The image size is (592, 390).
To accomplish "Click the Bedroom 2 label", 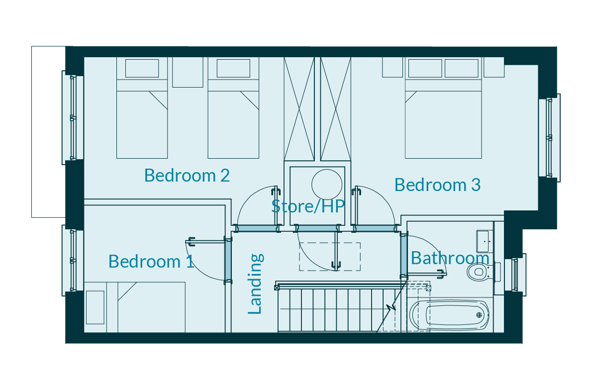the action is [187, 176].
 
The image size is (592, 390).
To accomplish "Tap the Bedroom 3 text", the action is [437, 185].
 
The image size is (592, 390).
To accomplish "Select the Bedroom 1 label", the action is [151, 261].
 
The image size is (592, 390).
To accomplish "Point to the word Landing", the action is [255, 284].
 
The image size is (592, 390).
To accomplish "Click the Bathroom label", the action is [450, 258].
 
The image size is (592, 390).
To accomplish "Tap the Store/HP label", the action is [308, 206].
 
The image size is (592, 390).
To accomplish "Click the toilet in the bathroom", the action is [479, 271].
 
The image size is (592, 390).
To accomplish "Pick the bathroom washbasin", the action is [485, 241].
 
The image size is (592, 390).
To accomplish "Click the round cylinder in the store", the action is [327, 185].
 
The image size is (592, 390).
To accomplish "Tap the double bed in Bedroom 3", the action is [443, 108].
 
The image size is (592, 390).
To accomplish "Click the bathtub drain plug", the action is [479, 315].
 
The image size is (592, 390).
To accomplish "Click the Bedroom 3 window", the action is [549, 137].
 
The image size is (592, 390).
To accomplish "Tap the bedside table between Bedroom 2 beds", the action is [188, 72].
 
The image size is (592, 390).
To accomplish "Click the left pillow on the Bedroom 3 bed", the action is [425, 68].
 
